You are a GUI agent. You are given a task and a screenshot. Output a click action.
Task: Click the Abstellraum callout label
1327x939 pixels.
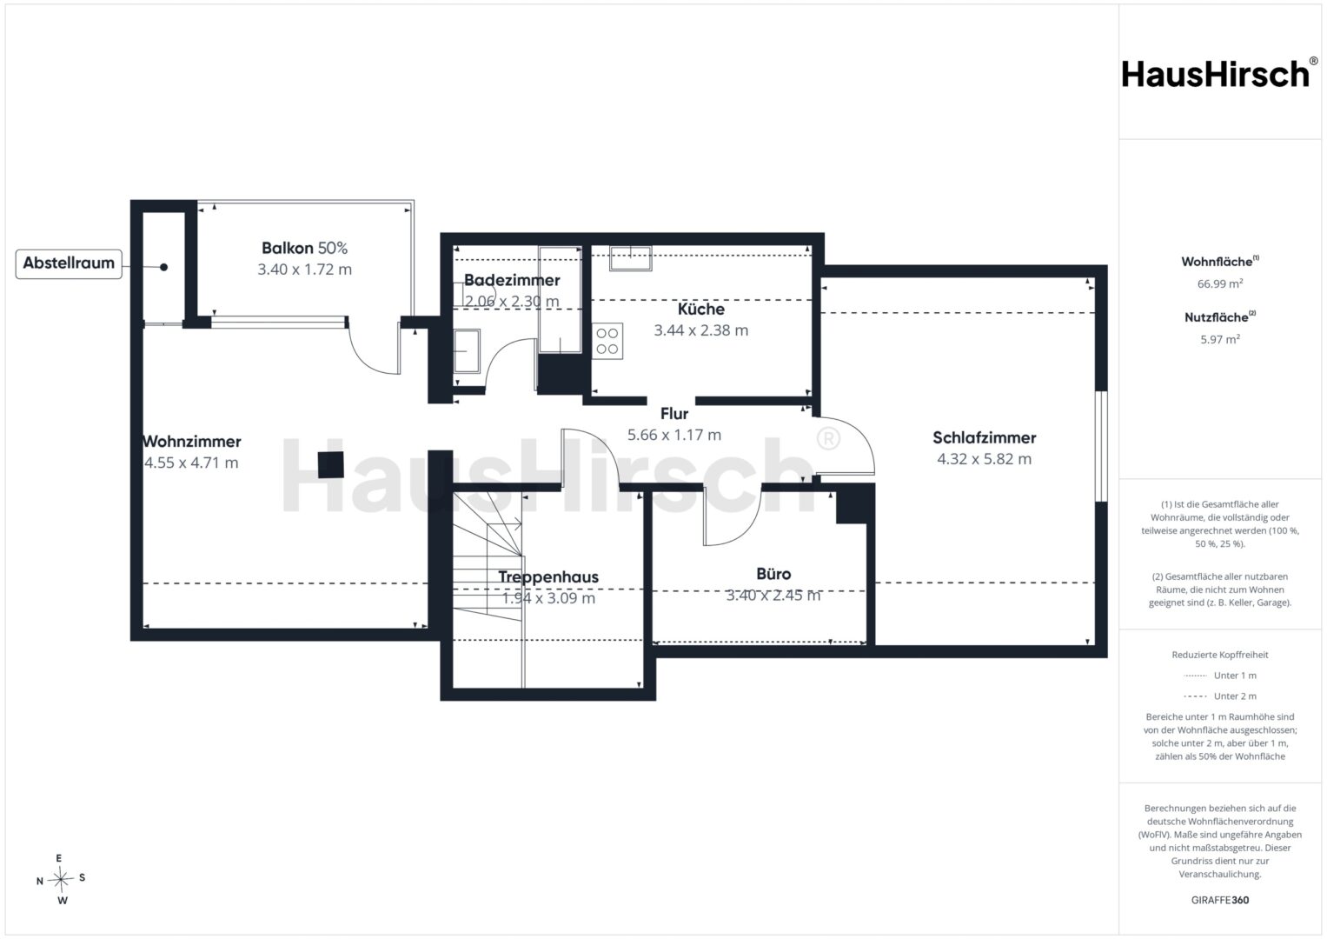[69, 263]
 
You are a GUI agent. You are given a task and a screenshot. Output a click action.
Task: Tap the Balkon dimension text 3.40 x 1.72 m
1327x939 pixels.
[304, 270]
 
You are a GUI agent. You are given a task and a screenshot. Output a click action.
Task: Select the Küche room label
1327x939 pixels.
[700, 309]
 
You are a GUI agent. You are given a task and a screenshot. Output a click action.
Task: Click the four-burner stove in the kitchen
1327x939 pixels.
[607, 341]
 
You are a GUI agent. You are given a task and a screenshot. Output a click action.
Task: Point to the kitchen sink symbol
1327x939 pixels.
[631, 258]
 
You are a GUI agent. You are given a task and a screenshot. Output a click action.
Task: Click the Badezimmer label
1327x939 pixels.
[512, 280]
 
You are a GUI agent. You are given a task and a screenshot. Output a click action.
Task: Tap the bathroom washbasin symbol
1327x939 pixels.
[467, 351]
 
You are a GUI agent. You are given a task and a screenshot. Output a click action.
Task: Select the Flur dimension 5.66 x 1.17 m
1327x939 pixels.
[674, 435]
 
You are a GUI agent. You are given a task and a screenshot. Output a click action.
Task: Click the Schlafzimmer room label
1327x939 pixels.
[984, 437]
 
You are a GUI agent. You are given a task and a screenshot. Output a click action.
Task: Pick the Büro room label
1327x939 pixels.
[773, 574]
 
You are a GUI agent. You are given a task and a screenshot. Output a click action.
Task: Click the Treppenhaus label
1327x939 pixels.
[548, 576]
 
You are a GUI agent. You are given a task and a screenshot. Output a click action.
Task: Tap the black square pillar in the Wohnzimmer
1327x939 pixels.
[330, 465]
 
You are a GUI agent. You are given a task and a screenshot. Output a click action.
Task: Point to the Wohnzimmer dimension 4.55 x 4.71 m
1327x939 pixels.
[191, 463]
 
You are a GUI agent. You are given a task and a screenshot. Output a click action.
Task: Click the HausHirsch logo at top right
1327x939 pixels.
[1219, 74]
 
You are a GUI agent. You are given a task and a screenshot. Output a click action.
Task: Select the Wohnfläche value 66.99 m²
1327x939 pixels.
[1220, 284]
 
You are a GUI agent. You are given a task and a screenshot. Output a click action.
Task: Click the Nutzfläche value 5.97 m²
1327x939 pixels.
[1220, 340]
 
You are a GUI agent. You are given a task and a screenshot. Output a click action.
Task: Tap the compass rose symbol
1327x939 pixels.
[61, 879]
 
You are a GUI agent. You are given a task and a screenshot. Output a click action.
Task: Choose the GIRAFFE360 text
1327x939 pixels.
[1220, 900]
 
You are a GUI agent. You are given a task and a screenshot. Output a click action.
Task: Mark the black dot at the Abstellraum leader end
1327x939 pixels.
[163, 268]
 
